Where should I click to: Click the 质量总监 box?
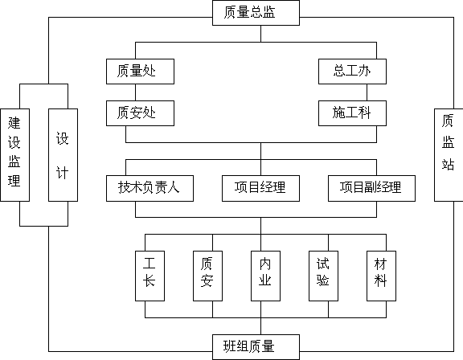[256, 13]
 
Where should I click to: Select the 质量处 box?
[140, 72]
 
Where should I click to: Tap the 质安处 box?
[140, 113]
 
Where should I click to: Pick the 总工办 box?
[352, 72]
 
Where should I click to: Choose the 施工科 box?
[352, 113]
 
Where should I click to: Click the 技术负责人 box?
[150, 188]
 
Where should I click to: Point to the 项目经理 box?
[260, 188]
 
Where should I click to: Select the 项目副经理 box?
[371, 188]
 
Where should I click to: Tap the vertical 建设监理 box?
[15, 155]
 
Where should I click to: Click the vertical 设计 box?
[64, 155]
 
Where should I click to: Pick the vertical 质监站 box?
[449, 155]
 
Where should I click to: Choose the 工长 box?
[150, 276]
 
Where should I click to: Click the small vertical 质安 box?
[208, 276]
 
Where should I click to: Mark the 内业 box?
[266, 276]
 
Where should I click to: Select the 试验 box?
[324, 276]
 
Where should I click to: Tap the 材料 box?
[382, 276]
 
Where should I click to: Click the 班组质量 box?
[256, 347]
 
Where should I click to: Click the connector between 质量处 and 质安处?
[136, 92]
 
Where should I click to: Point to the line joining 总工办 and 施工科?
[367, 92]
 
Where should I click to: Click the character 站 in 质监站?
[448, 165]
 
